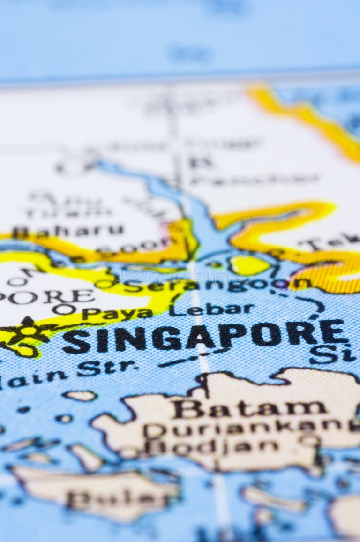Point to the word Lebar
[211, 309]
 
